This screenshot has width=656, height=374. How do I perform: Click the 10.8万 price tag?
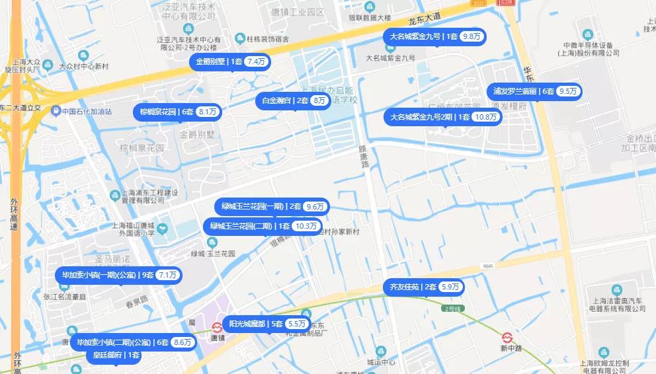[486, 117]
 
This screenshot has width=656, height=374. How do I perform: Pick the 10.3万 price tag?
[307, 226]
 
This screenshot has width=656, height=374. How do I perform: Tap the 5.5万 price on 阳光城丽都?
[296, 324]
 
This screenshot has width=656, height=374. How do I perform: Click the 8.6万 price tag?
[182, 342]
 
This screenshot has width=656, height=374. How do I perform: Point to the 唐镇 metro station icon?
[217, 327]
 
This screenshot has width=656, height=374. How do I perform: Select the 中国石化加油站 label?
[87, 112]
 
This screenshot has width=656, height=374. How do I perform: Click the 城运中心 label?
[381, 362]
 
